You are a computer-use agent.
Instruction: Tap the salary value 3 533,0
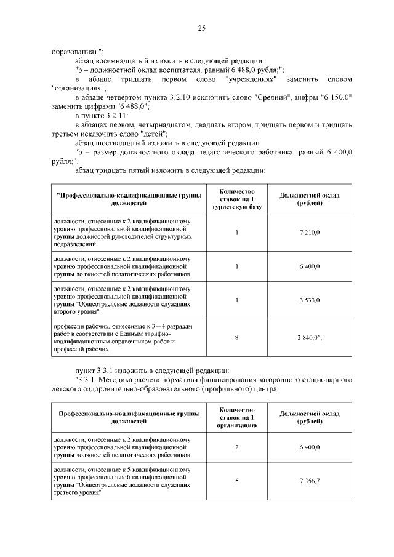[309, 299]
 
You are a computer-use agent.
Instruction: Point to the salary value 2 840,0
[310, 337]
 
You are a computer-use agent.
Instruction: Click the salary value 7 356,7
[309, 480]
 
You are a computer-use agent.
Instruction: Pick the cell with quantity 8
[236, 337]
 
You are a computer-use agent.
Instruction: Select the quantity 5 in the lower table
[236, 480]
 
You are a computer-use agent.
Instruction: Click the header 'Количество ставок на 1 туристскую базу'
[236, 198]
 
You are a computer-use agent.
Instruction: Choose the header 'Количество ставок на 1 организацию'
[236, 416]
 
